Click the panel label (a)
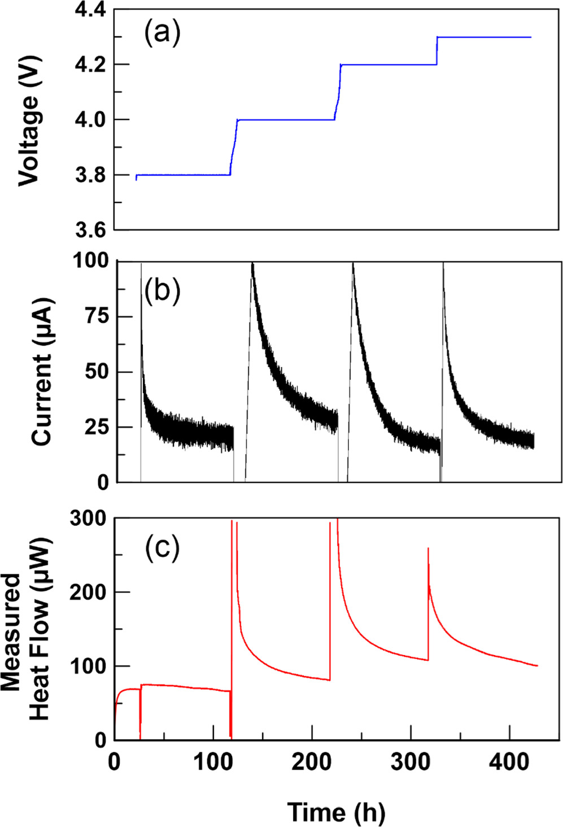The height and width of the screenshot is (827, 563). [x=162, y=33]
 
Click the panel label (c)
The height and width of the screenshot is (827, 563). [x=162, y=547]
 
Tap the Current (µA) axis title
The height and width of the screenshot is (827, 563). [x=42, y=371]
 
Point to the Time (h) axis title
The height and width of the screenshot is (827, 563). [x=337, y=812]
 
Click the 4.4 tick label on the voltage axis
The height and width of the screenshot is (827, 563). [x=90, y=11]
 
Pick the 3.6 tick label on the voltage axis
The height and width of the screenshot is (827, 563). [x=90, y=230]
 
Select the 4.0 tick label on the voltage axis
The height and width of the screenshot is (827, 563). [x=90, y=120]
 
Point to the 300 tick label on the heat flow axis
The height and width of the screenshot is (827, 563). [x=88, y=518]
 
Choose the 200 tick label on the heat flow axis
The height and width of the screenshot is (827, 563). [x=88, y=592]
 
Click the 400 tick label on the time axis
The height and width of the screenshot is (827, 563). [x=509, y=762]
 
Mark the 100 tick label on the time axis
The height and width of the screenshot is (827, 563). [x=213, y=762]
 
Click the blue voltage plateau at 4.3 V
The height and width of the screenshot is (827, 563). [x=484, y=37]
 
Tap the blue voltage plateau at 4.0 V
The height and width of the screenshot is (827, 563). [x=286, y=119]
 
